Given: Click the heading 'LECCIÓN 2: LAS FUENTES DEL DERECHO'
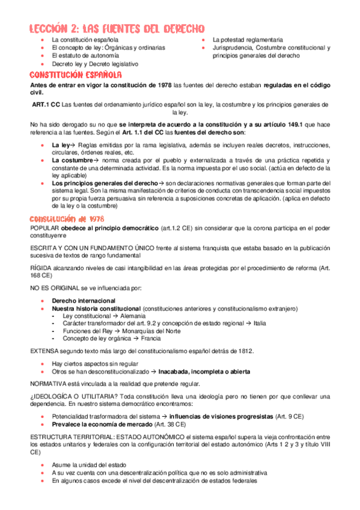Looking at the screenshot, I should (x=117, y=28).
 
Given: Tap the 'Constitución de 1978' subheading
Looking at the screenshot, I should (x=67, y=218).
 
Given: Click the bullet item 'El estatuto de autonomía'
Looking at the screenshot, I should (x=82, y=55).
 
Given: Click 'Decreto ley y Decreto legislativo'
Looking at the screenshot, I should (x=95, y=63).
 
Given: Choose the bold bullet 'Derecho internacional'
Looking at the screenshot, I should (x=84, y=300).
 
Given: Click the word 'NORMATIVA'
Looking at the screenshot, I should (x=48, y=383).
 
